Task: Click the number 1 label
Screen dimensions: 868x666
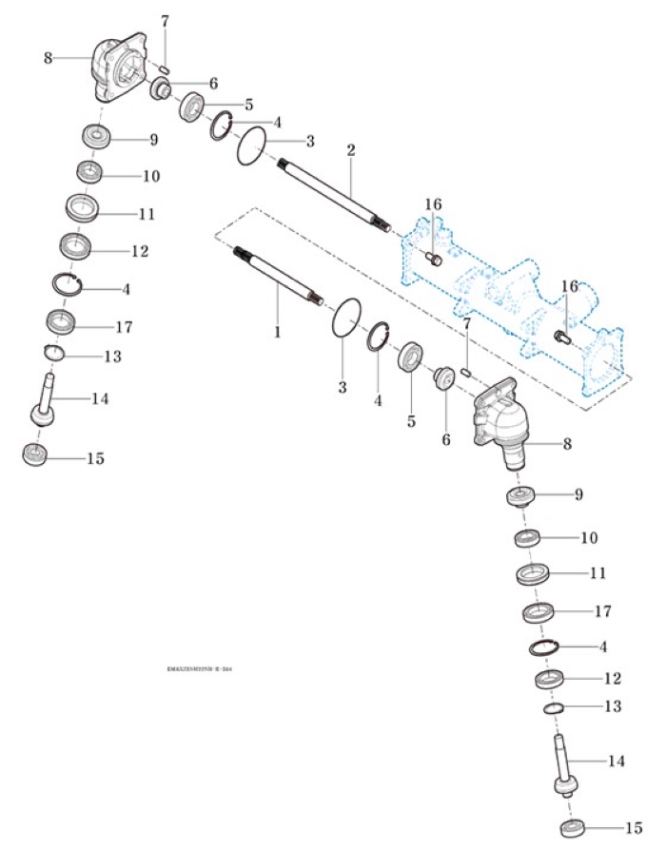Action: [x=277, y=334]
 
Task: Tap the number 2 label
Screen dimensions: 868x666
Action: [x=351, y=151]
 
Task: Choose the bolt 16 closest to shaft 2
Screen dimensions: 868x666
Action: [x=434, y=259]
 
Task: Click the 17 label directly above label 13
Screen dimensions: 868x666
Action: [x=124, y=327]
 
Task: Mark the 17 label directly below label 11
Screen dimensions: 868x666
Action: [x=602, y=610]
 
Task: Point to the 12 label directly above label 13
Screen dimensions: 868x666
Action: [x=612, y=679]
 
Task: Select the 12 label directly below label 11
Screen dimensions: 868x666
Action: [x=140, y=251]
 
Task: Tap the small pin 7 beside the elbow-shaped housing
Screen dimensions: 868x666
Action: [x=466, y=371]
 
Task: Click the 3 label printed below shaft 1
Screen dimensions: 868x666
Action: [x=343, y=388]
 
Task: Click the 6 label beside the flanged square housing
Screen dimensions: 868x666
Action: [x=213, y=84]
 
